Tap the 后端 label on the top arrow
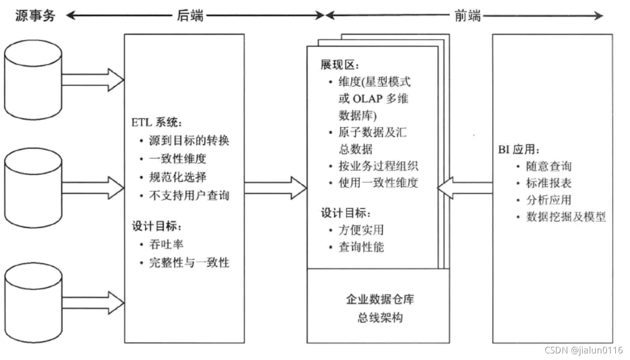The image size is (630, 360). [190, 16]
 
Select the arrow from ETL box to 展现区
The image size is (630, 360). [276, 188]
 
